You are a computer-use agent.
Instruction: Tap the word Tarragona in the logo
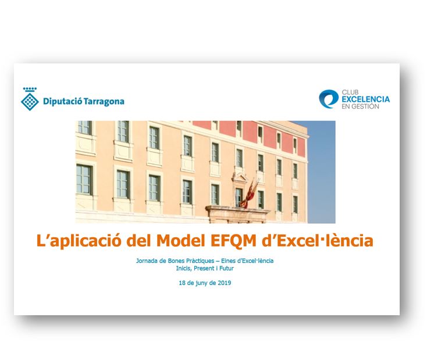(104, 102)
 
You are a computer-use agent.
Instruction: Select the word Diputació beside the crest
(63, 102)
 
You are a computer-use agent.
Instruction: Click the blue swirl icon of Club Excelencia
(329, 99)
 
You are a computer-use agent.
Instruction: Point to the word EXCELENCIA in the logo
(365, 99)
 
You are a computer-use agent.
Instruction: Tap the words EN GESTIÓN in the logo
(360, 106)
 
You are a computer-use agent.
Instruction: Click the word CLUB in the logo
(350, 92)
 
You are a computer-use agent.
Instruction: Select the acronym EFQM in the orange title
(233, 240)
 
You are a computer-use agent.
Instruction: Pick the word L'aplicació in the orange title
(79, 241)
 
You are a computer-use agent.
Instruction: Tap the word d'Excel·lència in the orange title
(318, 240)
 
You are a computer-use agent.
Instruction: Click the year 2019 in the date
(224, 283)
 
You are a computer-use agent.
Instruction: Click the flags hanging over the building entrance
(250, 194)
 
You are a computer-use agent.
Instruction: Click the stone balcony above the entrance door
(237, 213)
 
